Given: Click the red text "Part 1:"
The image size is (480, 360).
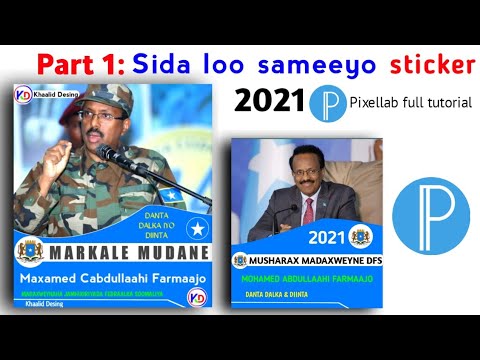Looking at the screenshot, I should (x=80, y=65).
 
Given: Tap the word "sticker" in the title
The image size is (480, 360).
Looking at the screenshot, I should (x=420, y=66).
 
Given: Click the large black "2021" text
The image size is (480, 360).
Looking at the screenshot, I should (x=267, y=101).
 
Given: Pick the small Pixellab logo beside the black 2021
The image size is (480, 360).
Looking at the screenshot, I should (x=325, y=103).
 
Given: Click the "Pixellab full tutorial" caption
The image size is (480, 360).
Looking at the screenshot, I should (x=410, y=103).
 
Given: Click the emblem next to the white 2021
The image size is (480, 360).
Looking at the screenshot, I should (x=359, y=237).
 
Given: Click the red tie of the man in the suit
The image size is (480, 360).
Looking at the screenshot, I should (x=308, y=213).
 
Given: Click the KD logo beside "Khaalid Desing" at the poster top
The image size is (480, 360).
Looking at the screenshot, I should (x=23, y=93).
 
